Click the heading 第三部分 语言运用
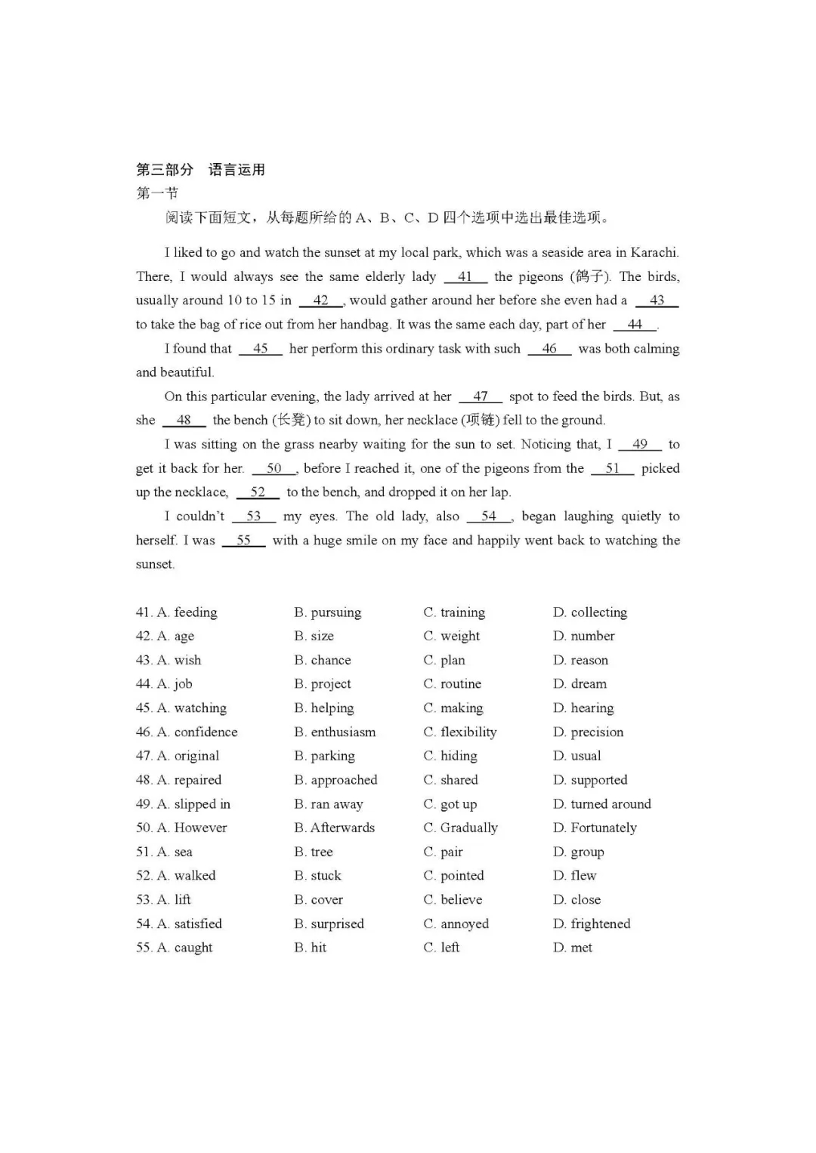click(200, 169)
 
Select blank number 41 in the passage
click(465, 276)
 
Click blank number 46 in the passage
click(549, 348)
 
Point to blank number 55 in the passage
click(243, 540)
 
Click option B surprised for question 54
click(337, 923)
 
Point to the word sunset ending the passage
click(155, 564)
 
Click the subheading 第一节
click(157, 193)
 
